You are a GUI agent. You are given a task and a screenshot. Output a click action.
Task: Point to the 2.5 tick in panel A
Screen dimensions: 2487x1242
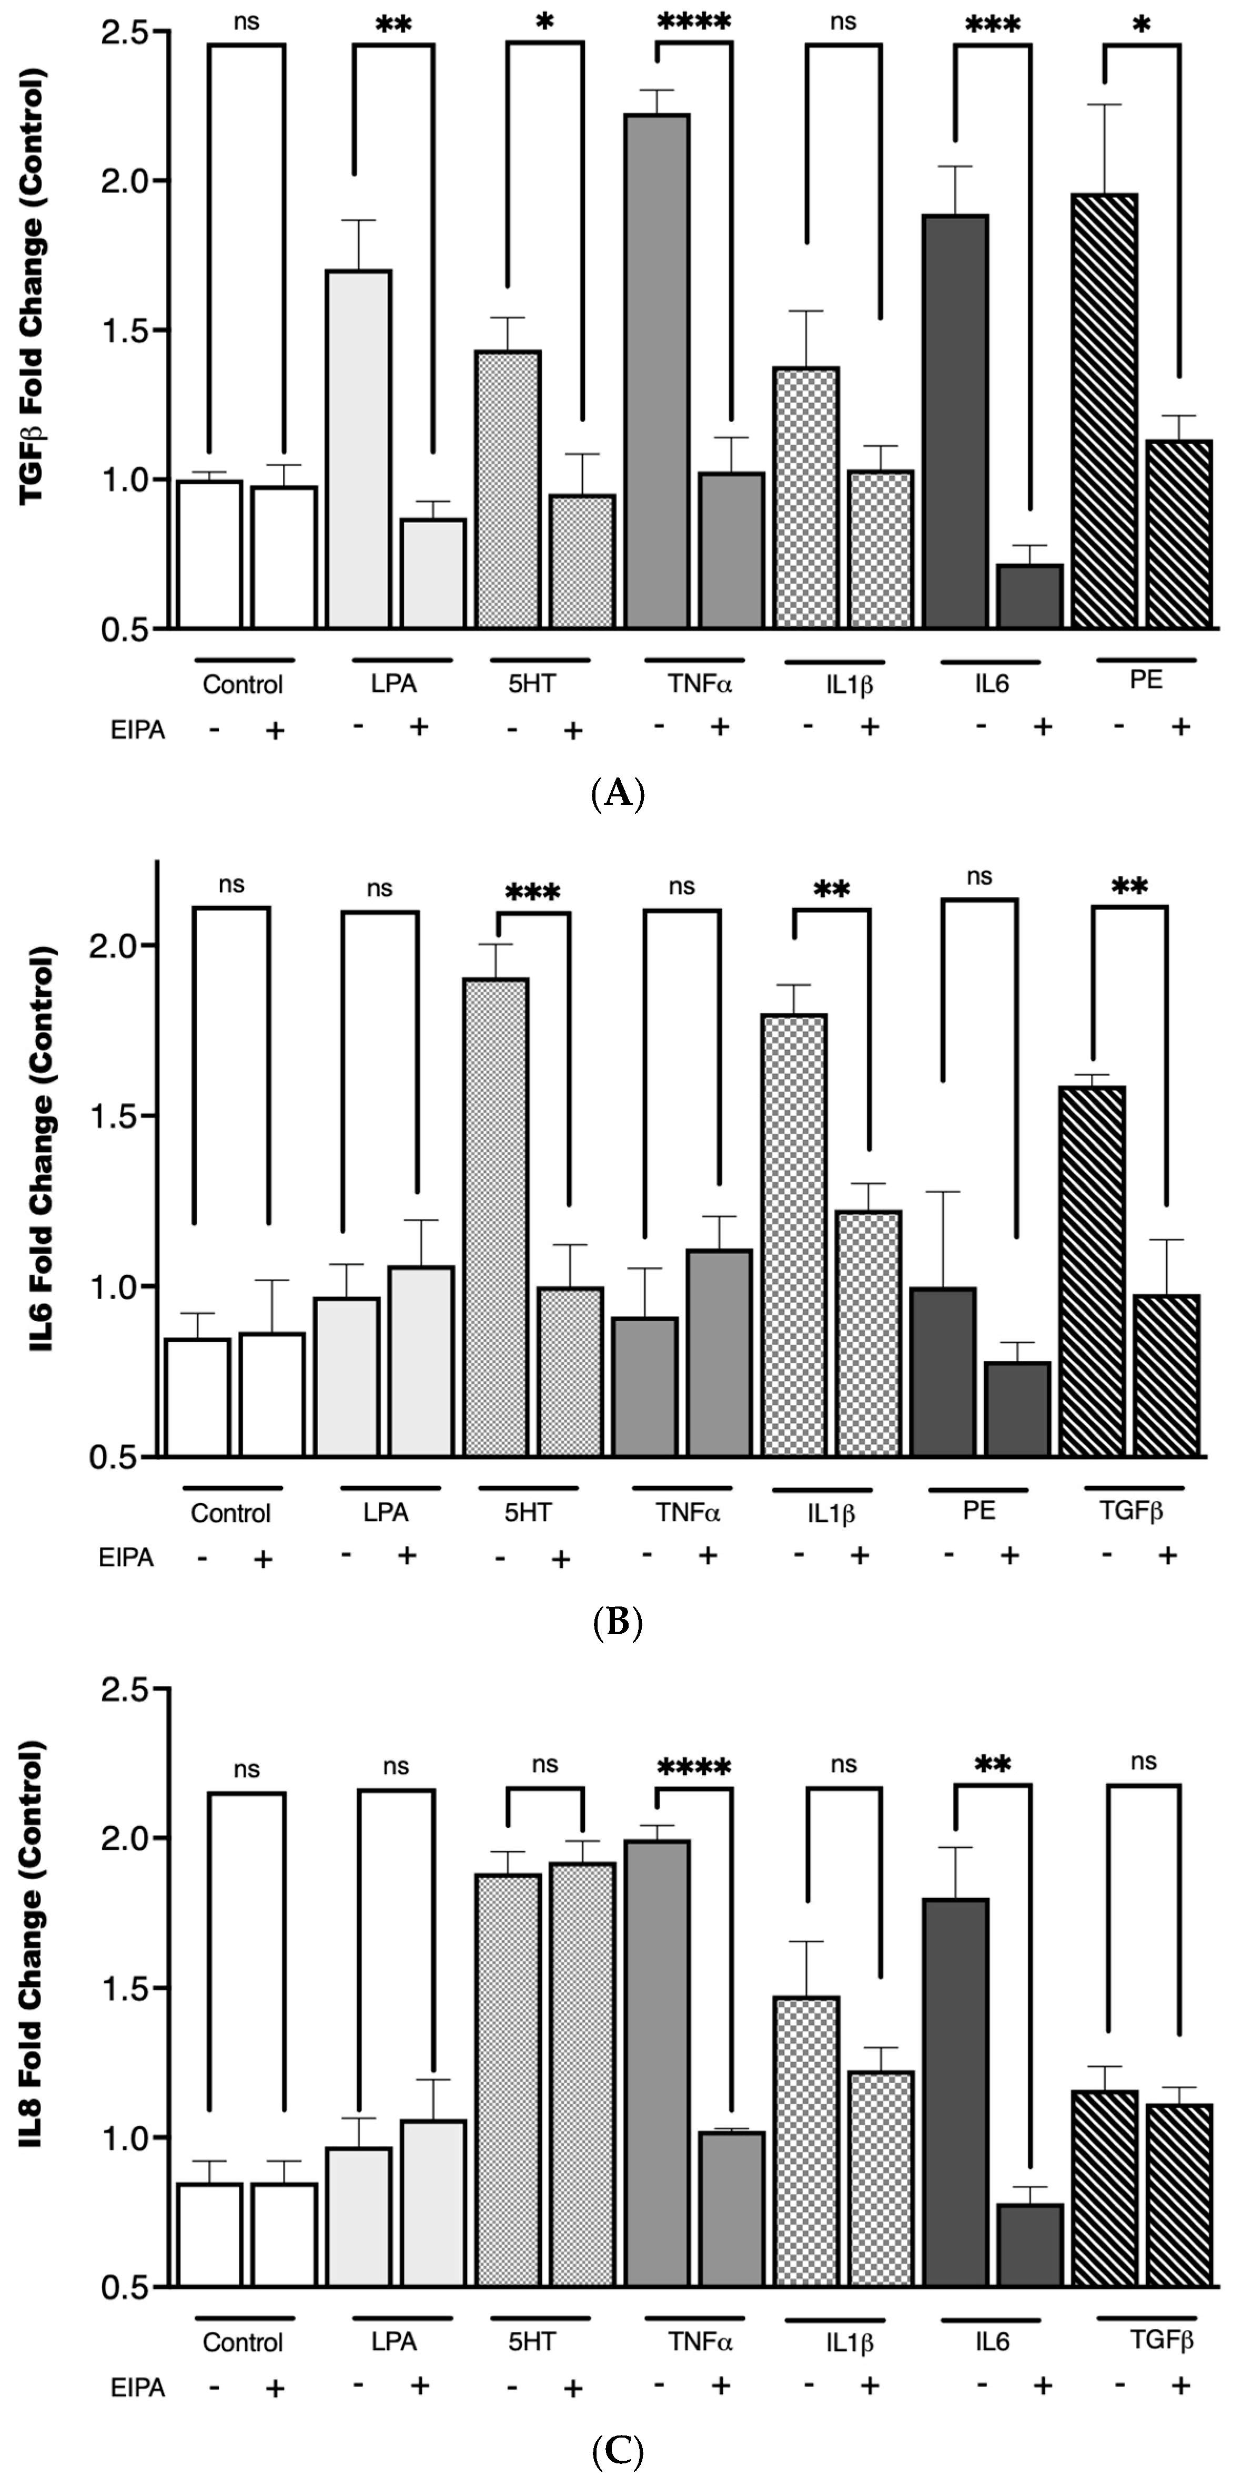pyautogui.click(x=130, y=33)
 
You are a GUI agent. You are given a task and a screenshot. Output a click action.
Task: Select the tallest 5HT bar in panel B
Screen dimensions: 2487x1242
pyautogui.click(x=496, y=1216)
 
